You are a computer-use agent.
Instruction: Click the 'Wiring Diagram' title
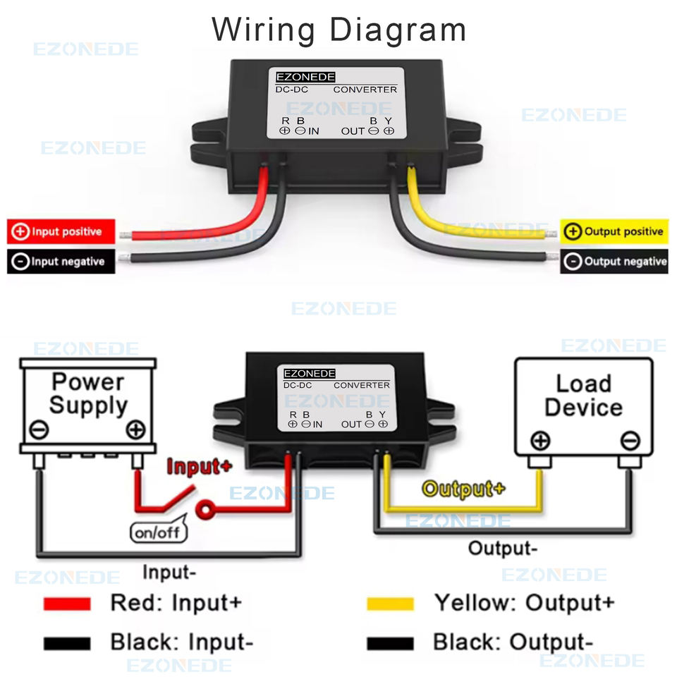point(339,30)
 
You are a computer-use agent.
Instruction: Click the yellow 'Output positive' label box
point(614,231)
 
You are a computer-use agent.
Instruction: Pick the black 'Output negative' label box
point(614,262)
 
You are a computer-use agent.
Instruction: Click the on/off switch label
point(159,532)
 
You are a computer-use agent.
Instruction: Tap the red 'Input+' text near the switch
point(199,467)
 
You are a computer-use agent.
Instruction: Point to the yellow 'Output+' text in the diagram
point(463,489)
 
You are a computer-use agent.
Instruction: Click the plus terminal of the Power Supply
point(135,429)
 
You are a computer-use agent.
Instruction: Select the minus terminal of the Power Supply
point(39,429)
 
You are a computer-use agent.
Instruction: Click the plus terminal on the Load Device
point(540,441)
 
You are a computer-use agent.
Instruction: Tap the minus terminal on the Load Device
point(630,441)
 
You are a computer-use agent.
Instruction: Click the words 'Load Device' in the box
point(583,396)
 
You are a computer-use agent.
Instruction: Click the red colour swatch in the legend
point(67,604)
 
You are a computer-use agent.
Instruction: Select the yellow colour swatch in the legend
point(390,604)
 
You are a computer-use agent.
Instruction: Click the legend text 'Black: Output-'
point(513,642)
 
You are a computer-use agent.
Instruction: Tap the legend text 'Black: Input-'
point(181,642)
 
